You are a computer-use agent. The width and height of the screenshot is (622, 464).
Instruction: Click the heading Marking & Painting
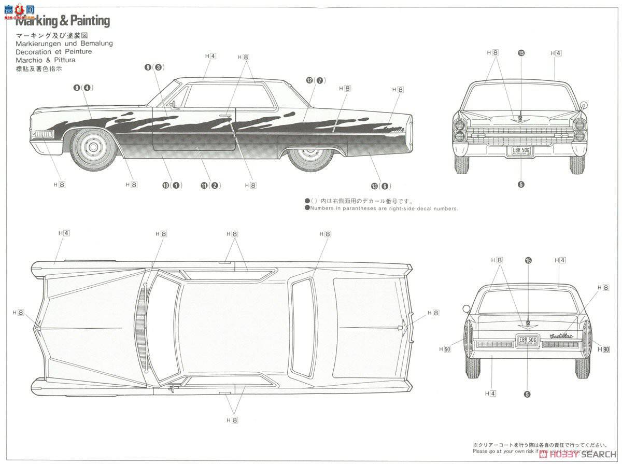(x=63, y=21)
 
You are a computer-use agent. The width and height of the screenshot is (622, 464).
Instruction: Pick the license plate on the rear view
(x=528, y=341)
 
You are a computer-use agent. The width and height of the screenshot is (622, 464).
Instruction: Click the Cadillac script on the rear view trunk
(x=562, y=335)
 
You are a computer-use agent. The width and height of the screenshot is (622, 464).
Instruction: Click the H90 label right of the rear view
(x=603, y=349)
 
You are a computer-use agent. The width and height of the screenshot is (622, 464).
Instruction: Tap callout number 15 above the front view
(x=521, y=53)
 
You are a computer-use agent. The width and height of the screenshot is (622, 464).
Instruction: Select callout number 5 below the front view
(x=521, y=184)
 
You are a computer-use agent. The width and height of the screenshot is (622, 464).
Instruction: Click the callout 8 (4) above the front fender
(x=83, y=88)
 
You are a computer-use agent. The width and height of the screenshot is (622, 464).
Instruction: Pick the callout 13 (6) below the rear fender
(x=380, y=186)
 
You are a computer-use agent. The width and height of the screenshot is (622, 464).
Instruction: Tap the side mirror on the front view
(x=584, y=106)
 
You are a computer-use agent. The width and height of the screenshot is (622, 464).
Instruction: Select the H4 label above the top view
(x=64, y=233)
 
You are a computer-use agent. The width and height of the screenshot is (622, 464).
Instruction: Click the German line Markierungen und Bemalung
(x=64, y=44)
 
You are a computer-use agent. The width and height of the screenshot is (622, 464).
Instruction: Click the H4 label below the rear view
(x=490, y=394)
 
